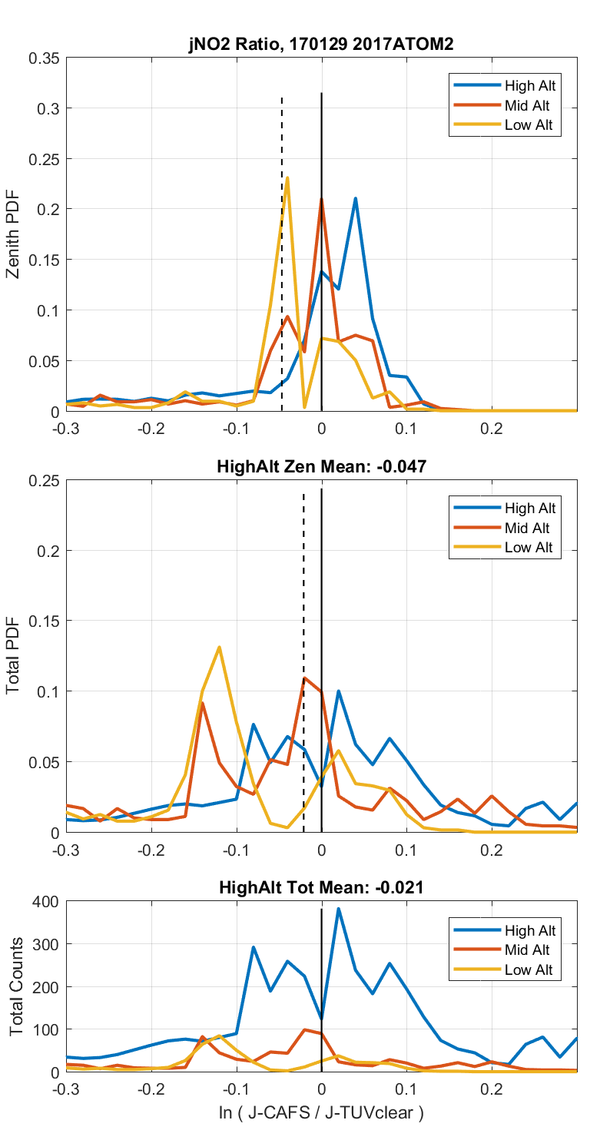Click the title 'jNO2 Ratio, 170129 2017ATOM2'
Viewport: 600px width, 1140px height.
click(321, 45)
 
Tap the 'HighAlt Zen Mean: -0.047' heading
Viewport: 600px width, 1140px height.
click(321, 466)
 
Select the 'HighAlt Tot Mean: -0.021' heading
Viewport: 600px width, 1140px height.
click(321, 888)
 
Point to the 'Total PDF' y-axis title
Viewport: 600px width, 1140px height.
click(13, 656)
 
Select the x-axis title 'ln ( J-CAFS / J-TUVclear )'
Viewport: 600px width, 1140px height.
click(321, 1112)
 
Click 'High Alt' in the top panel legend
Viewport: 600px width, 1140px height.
click(530, 85)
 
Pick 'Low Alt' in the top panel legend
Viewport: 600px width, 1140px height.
click(529, 126)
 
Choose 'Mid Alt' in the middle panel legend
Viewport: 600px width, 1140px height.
click(528, 528)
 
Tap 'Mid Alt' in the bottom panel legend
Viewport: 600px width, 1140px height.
click(528, 950)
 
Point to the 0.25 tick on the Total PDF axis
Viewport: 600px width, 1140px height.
click(45, 480)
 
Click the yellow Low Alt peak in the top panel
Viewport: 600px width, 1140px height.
click(287, 177)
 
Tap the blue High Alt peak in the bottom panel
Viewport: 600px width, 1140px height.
click(338, 909)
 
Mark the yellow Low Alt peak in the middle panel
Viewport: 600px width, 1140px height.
click(220, 647)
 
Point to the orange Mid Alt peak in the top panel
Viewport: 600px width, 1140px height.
click(321, 198)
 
